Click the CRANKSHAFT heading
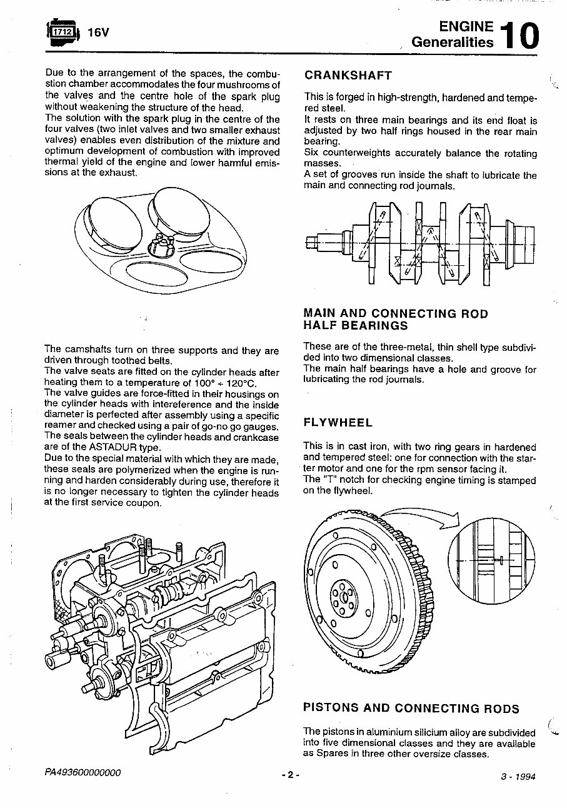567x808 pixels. [348, 76]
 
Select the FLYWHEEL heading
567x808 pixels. [338, 423]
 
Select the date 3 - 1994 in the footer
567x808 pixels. [518, 777]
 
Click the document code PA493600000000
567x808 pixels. [83, 773]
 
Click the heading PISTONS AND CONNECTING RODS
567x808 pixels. [411, 709]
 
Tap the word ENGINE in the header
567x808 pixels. [466, 26]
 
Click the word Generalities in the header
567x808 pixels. [452, 43]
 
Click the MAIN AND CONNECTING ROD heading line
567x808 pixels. [395, 313]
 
